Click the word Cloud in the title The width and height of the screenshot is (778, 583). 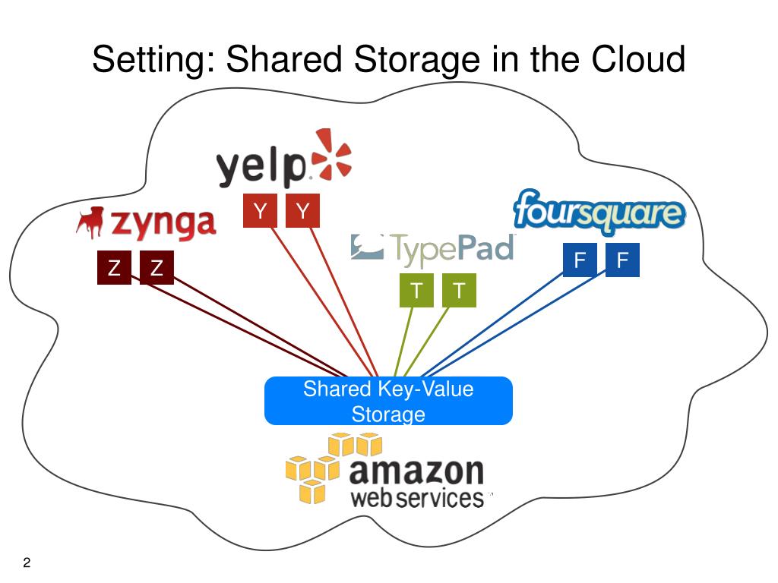[x=637, y=59]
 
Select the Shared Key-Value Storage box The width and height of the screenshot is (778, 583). [x=388, y=401]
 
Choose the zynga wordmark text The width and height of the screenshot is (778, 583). [x=163, y=223]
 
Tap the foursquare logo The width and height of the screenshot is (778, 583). [x=599, y=210]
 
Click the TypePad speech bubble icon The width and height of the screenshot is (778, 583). [x=367, y=246]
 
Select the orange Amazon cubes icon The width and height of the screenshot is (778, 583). [x=331, y=468]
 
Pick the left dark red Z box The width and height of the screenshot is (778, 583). [x=114, y=268]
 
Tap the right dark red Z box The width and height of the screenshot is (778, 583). [x=157, y=268]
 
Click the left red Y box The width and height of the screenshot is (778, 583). [x=260, y=211]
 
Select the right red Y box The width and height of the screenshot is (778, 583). [x=302, y=211]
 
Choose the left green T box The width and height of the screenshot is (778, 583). [x=416, y=291]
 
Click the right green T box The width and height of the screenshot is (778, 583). [x=459, y=291]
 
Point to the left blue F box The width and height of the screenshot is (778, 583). [x=580, y=260]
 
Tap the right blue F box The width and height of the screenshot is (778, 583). [x=622, y=260]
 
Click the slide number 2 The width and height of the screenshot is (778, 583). [x=27, y=563]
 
